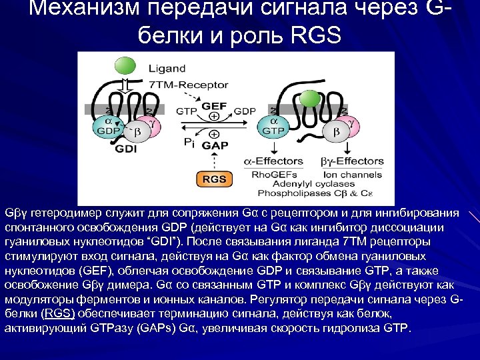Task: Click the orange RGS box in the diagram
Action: click(214, 179)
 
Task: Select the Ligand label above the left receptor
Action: click(167, 68)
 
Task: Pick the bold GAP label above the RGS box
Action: click(214, 144)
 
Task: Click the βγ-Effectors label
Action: click(351, 161)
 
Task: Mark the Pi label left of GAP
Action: click(190, 143)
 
